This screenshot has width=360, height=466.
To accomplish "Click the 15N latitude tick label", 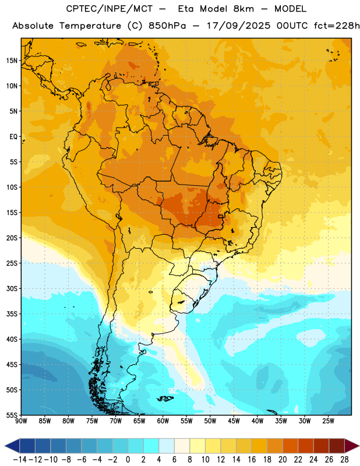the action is pyautogui.click(x=12, y=61).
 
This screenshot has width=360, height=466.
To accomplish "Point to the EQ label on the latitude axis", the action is pyautogui.click(x=13, y=137).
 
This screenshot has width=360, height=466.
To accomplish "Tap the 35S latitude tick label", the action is pyautogui.click(x=12, y=314).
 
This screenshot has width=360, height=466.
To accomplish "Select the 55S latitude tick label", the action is pyautogui.click(x=12, y=415).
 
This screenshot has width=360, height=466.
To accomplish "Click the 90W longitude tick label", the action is pyautogui.click(x=21, y=421).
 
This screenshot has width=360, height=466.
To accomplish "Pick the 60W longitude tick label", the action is pyautogui.click(x=163, y=421).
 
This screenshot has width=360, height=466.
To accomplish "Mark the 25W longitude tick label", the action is pyautogui.click(x=328, y=421).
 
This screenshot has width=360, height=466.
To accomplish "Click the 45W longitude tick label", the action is pyautogui.click(x=234, y=421).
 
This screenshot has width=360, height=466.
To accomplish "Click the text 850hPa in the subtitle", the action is pyautogui.click(x=167, y=26).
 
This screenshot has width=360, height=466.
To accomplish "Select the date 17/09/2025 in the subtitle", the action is pyautogui.click(x=238, y=26).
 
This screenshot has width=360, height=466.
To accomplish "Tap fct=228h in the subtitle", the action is pyautogui.click(x=337, y=26).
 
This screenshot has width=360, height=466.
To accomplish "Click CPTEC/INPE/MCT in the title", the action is pyautogui.click(x=110, y=9).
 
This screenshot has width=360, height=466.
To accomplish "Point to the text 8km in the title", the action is pyautogui.click(x=243, y=9).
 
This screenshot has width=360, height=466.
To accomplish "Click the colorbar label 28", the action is pyautogui.click(x=344, y=460).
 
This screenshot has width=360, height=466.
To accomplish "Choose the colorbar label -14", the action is pyautogui.click(x=20, y=460).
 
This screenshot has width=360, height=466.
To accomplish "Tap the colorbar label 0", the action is pyautogui.click(x=128, y=460).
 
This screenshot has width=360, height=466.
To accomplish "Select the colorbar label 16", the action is pyautogui.click(x=252, y=460).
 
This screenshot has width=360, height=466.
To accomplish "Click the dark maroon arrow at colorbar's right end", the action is pyautogui.click(x=351, y=446).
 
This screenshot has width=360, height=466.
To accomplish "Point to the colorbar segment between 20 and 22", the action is pyautogui.click(x=291, y=446).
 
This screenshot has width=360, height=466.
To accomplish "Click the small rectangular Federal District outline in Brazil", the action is pyautogui.click(x=221, y=216).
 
